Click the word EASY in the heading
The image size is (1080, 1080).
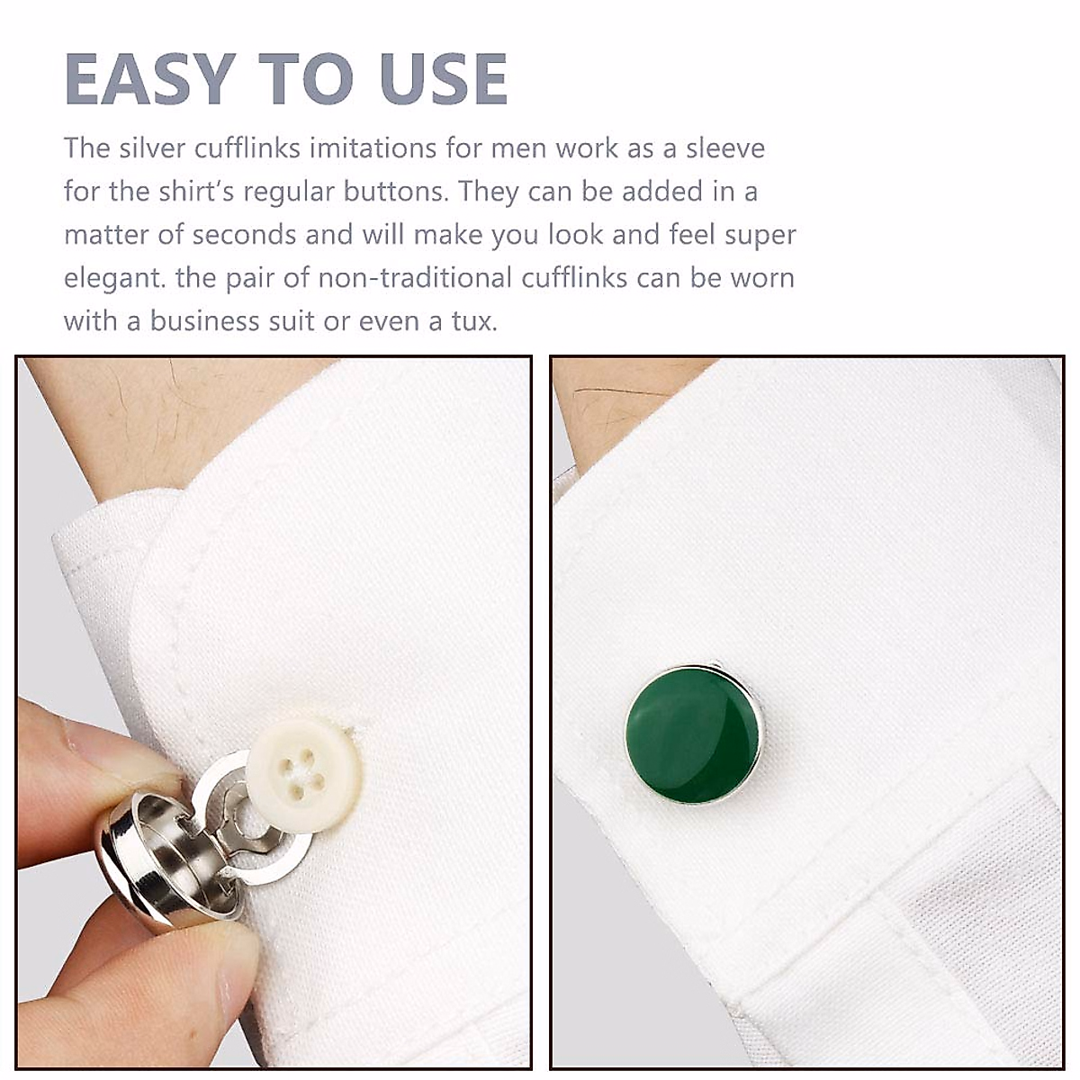pyautogui.click(x=149, y=79)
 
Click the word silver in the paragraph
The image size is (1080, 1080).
pyautogui.click(x=149, y=148)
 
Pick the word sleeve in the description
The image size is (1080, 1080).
pyautogui.click(x=725, y=148)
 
